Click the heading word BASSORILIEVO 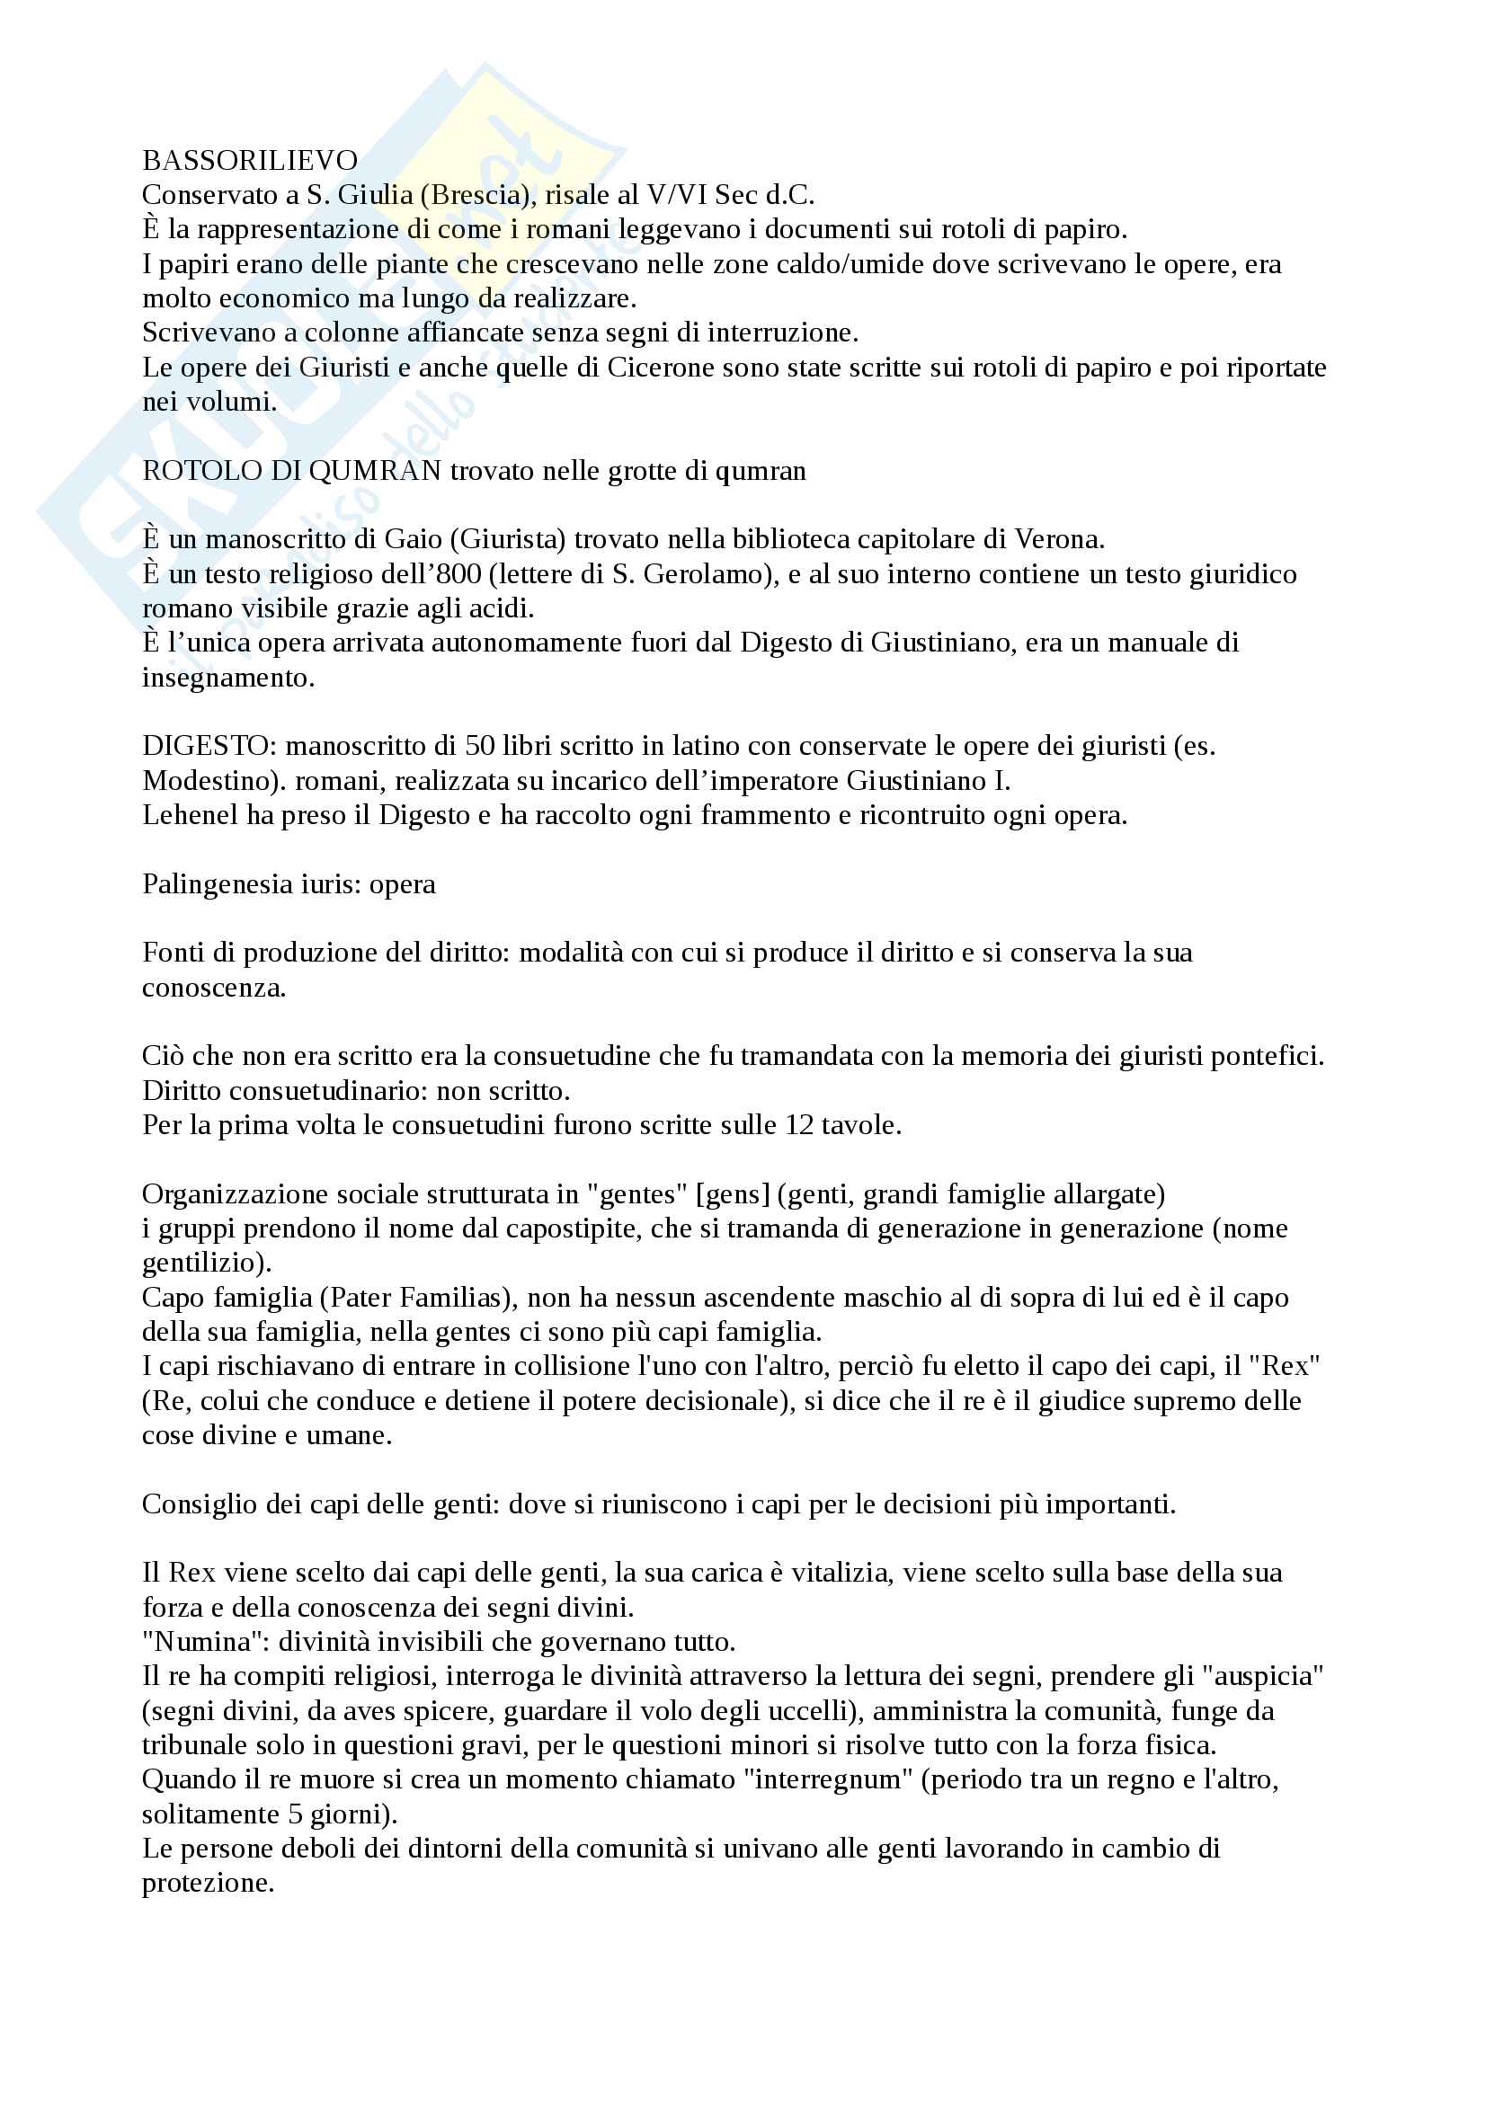point(250,161)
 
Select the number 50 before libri point(480,746)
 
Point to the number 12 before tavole point(799,1125)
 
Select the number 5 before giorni point(295,1814)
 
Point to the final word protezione point(208,1884)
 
